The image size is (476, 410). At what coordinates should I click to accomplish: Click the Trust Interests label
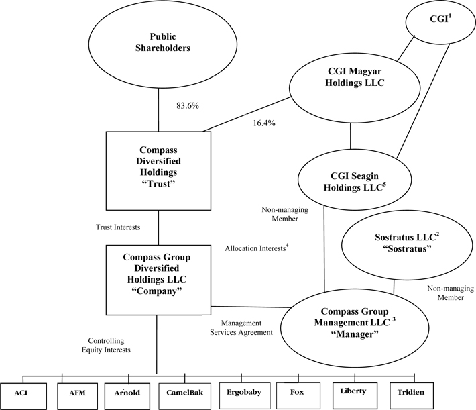[x=118, y=227]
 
